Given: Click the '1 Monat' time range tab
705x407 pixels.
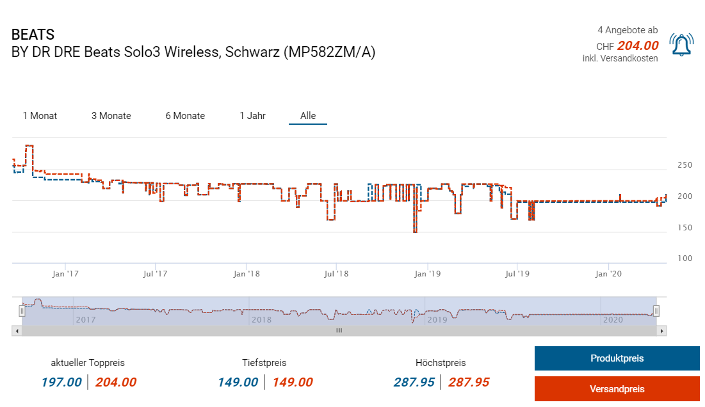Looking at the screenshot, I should click(40, 116).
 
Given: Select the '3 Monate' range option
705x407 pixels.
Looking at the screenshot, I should click(111, 116).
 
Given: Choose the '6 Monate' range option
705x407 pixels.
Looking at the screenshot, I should click(185, 116).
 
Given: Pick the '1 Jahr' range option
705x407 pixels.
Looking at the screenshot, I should click(252, 116).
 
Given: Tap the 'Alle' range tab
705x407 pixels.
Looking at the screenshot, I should click(308, 116).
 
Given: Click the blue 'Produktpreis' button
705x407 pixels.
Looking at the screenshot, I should click(617, 358).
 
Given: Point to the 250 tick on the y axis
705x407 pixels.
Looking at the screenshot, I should click(685, 165).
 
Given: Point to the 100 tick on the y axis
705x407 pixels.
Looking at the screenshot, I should click(685, 259).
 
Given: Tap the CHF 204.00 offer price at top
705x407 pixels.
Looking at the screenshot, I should click(638, 45).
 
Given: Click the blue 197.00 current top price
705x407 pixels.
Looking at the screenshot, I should click(61, 383).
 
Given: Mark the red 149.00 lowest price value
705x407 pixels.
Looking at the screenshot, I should click(293, 383).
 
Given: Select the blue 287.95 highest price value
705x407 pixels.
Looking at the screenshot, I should click(414, 383).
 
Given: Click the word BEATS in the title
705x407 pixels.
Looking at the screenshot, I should click(33, 35).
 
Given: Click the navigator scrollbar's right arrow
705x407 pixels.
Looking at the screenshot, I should click(663, 331).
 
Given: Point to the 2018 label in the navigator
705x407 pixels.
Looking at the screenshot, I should click(261, 319).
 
